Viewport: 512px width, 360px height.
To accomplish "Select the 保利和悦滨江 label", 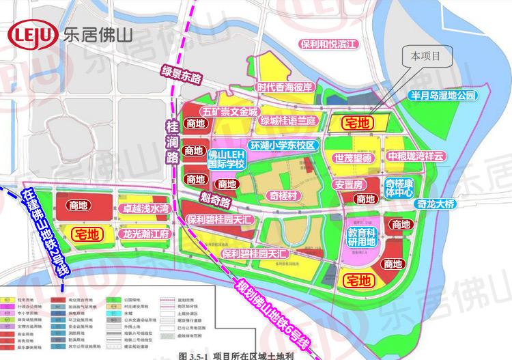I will coord(328,44).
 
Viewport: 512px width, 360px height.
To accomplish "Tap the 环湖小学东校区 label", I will coord(283,146).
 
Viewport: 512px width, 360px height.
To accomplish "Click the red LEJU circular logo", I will coord(32,35).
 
